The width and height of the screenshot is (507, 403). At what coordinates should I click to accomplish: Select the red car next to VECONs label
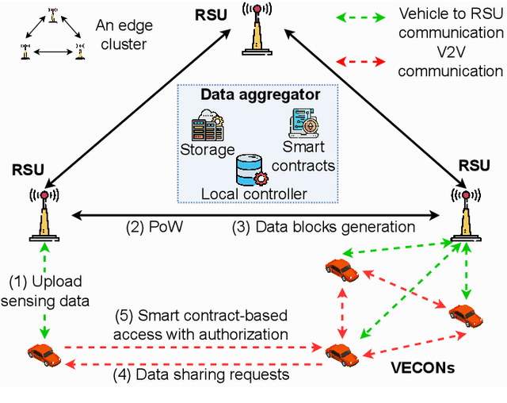(x=341, y=351)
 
